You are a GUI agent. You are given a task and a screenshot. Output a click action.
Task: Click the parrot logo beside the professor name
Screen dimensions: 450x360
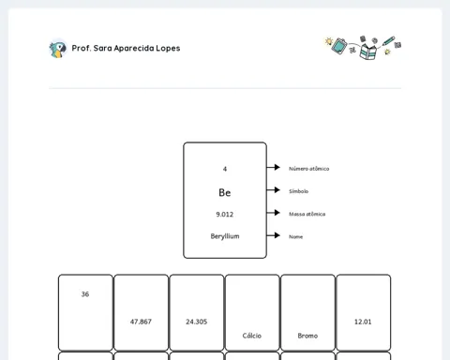click(x=58, y=49)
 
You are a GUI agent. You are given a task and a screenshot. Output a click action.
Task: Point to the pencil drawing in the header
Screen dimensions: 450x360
click(x=389, y=41)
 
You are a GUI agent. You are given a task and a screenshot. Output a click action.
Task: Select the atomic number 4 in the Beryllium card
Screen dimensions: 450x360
click(x=225, y=169)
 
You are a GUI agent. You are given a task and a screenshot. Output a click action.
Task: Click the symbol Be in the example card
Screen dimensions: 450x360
click(x=225, y=192)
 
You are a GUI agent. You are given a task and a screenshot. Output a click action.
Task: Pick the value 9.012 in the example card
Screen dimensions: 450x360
click(x=225, y=215)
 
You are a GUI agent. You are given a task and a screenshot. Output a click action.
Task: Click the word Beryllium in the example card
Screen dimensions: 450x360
click(x=225, y=236)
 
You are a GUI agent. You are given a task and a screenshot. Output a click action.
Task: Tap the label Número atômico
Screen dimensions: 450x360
click(x=308, y=169)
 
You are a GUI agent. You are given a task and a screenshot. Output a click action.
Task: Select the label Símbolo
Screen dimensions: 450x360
click(x=298, y=191)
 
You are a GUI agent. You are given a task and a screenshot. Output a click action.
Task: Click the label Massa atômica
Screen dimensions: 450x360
click(x=307, y=214)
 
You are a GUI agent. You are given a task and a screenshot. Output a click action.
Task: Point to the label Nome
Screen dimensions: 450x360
click(x=295, y=237)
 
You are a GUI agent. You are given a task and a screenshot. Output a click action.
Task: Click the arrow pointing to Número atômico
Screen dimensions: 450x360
click(x=274, y=167)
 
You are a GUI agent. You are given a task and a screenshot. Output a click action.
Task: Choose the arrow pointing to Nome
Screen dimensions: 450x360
click(x=274, y=235)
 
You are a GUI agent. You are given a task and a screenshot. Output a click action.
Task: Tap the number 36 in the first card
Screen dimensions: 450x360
click(x=85, y=294)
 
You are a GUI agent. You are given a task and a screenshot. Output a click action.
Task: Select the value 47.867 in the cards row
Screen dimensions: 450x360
click(x=141, y=322)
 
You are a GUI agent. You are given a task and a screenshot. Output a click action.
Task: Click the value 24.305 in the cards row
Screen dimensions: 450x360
click(x=197, y=322)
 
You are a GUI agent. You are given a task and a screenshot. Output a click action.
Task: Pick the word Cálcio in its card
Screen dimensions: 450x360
click(x=252, y=336)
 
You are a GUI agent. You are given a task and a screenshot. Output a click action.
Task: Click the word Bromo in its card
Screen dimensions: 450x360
click(x=307, y=336)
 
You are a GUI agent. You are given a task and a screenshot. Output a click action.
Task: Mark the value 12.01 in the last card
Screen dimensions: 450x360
click(x=363, y=322)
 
